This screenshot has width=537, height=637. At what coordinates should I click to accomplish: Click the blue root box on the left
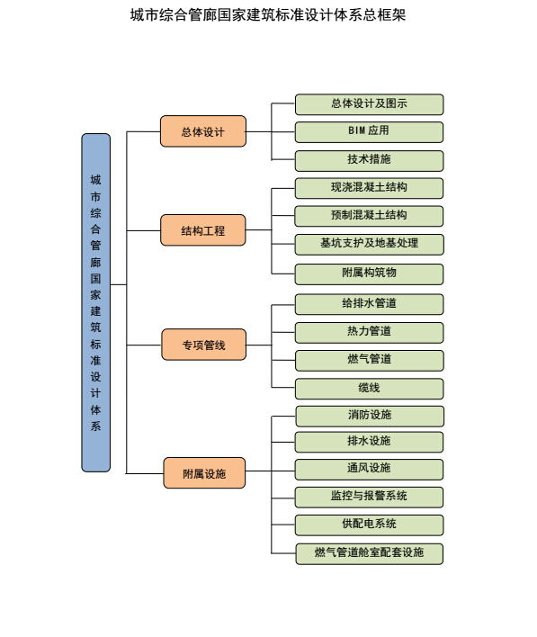tap(96, 302)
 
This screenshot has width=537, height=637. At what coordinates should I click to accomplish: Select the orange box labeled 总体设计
tap(203, 131)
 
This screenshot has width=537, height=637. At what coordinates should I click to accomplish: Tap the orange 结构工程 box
tap(203, 230)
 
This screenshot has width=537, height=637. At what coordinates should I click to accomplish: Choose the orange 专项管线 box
tap(204, 345)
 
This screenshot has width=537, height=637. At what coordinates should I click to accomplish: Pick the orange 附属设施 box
tap(204, 473)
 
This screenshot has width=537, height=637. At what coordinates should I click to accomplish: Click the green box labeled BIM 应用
tap(369, 132)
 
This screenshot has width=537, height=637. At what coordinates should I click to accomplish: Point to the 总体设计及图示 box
tap(369, 104)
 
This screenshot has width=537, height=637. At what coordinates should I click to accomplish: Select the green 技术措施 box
tap(369, 161)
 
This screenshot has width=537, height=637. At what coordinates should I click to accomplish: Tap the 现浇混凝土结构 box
tap(369, 188)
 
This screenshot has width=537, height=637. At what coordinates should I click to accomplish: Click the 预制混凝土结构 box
tap(369, 216)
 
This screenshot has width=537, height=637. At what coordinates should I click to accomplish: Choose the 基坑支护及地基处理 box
tap(369, 245)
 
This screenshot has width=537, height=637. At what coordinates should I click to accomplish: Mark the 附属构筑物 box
tap(369, 274)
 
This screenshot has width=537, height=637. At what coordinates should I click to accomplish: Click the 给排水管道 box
tap(369, 304)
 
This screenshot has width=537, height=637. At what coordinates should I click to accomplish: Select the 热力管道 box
tap(369, 333)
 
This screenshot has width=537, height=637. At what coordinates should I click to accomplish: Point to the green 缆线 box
tap(370, 389)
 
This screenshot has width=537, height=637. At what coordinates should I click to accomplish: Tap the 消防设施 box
tap(370, 416)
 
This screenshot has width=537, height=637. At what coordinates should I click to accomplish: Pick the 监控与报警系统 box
tap(369, 498)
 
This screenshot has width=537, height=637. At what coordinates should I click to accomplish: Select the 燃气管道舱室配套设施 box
tap(369, 553)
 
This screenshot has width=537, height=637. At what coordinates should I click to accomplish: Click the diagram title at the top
tap(268, 15)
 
